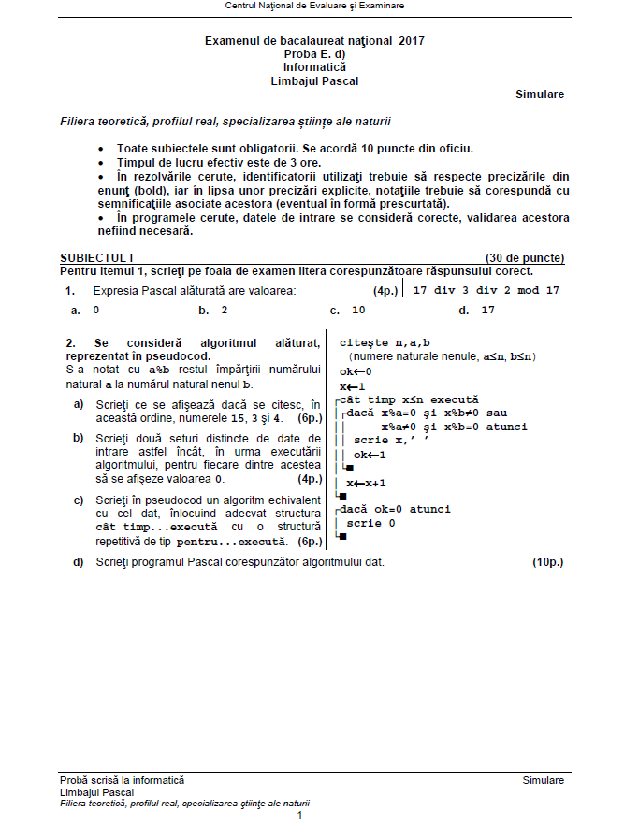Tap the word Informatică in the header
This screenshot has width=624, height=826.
[x=314, y=67]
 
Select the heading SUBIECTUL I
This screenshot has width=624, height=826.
[x=96, y=257]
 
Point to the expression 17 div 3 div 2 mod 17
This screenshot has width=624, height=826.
[x=486, y=290]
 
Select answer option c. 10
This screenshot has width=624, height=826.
[x=348, y=310]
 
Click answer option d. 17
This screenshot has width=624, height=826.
[x=477, y=310]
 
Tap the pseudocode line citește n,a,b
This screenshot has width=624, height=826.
[x=385, y=342]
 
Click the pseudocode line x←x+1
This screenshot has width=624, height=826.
[x=367, y=483]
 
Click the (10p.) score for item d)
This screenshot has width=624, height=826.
[x=548, y=562]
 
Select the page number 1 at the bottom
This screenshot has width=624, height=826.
[x=299, y=816]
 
